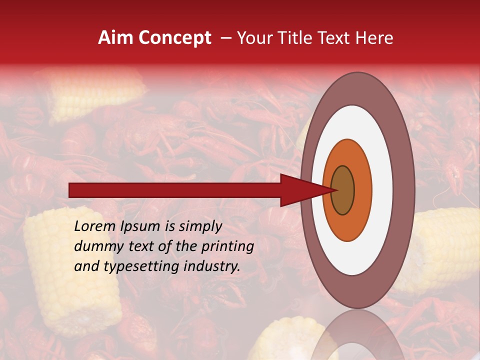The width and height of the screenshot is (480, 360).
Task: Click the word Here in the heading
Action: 374,38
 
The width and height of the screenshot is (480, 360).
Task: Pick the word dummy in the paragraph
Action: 95,246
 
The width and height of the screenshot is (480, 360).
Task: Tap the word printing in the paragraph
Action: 228,246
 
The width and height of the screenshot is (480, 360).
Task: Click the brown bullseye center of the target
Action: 342,190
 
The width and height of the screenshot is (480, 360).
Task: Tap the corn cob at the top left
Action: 95,95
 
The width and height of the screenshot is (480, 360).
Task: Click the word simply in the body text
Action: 200,227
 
